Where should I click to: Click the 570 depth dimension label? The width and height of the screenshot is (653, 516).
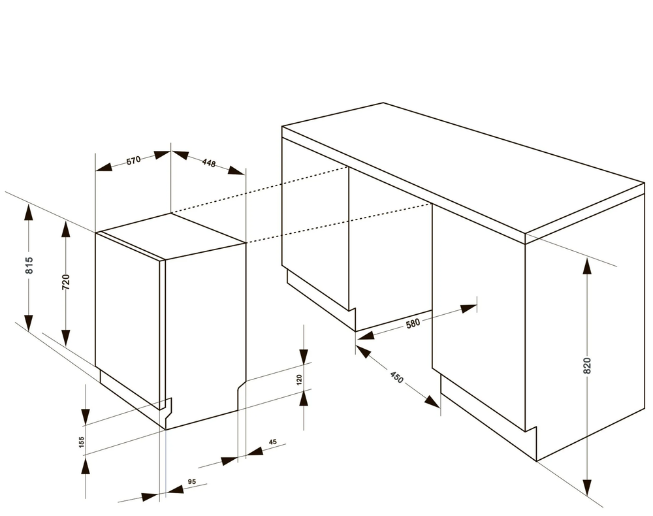pos(134,160)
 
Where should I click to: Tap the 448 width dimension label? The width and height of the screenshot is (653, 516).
pos(209,163)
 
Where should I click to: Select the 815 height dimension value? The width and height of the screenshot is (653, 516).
pos(29,265)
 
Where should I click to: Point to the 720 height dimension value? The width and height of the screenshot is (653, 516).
pos(66,282)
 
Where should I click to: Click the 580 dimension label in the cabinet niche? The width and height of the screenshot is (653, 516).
pos(413,323)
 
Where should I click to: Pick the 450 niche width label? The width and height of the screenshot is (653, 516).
pos(397,378)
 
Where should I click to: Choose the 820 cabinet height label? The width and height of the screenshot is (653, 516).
pos(587,366)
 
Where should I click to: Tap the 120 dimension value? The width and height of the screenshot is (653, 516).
pos(299,380)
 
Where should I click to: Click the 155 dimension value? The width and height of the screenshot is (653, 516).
pos(82,442)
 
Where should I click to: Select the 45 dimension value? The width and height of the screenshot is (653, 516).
pos(273,442)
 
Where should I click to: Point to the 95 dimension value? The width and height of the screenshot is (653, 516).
pos(191,481)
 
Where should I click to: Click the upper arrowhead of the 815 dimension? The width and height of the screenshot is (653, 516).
pos(29,212)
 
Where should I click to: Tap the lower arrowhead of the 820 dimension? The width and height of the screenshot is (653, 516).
pos(587,488)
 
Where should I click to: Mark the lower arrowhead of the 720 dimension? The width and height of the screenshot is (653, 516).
pos(66,337)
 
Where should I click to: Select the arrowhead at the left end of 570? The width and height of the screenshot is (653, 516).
pos(104,167)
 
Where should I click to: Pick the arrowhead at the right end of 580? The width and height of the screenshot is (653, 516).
pos(468,308)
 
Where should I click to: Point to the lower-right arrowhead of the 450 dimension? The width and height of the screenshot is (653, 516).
pos(432,402)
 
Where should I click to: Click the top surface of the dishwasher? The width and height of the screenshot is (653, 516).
pos(170,235)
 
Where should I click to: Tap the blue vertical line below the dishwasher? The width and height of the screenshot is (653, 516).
pos(166,462)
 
